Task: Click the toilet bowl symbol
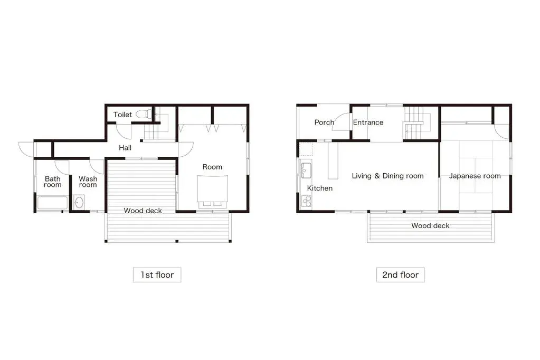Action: coord(141,114)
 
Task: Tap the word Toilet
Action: coord(122,115)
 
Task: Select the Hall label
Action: coord(125,148)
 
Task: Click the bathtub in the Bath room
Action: coord(52,203)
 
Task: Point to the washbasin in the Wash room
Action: coord(79,203)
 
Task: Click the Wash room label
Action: coord(88,182)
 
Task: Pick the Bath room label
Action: coord(53,182)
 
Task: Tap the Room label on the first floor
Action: coord(212,167)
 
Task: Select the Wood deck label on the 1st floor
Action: coord(143,211)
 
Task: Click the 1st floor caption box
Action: coord(157,274)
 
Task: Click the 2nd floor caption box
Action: coord(400,274)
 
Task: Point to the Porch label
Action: coord(324,122)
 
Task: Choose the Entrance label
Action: coord(368,122)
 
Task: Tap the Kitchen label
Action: coord(320,188)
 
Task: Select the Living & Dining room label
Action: coord(387,176)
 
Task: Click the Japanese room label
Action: coord(475,176)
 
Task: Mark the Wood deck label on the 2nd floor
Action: coord(430,225)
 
